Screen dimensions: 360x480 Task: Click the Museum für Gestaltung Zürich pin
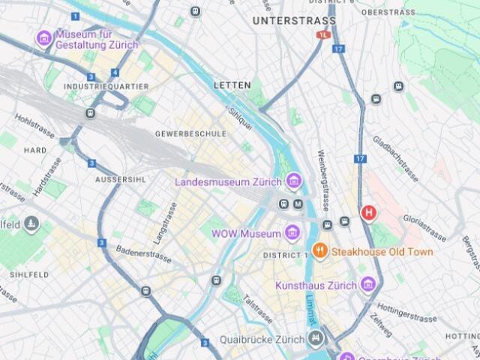coord(44,37)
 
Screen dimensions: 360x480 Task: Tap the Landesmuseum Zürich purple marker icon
coord(293,181)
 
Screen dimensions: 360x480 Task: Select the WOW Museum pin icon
coord(292,233)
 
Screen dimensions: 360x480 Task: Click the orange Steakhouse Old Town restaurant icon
coord(319,251)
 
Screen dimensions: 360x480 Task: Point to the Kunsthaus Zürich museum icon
coord(367,284)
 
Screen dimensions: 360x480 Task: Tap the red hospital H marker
coord(368,212)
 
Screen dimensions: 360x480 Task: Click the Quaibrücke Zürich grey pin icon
coord(316,338)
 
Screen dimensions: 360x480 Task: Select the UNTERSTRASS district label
coord(284,20)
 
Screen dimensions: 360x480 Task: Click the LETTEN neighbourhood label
coord(232,85)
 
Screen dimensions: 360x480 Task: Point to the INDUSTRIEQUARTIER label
coord(106,87)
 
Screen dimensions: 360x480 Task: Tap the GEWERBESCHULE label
coord(190,133)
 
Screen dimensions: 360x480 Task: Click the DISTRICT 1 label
coord(286,256)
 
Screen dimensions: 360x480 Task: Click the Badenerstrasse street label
coord(145,254)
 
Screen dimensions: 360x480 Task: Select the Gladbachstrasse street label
coord(394,160)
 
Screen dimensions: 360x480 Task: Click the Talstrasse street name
coord(257,309)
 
